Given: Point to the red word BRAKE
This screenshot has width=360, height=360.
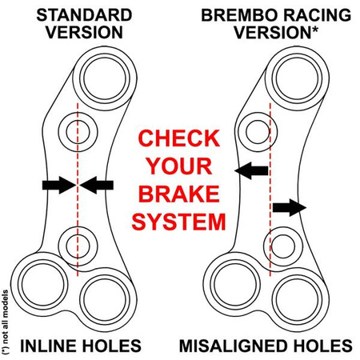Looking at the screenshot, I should [179, 194].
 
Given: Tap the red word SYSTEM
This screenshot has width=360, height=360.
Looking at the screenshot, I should [179, 221].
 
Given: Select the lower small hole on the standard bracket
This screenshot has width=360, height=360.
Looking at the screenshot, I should [78, 239].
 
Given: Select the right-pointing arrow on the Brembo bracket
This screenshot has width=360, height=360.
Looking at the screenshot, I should [289, 208].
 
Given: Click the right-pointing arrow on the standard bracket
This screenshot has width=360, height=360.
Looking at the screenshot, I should [56, 185].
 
